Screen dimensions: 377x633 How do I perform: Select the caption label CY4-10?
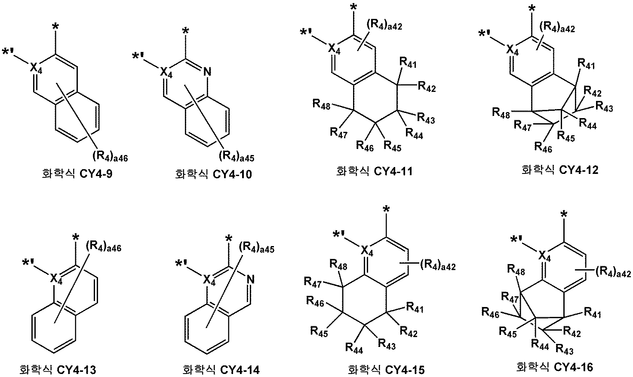(x=214, y=174)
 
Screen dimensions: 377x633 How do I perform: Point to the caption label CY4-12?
(x=559, y=170)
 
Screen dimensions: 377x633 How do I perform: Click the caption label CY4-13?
(x=58, y=369)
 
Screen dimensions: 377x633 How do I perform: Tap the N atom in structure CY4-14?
(x=251, y=280)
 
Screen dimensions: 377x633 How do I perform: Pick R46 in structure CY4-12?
(x=543, y=147)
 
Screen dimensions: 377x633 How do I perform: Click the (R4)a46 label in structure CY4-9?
(x=110, y=155)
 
